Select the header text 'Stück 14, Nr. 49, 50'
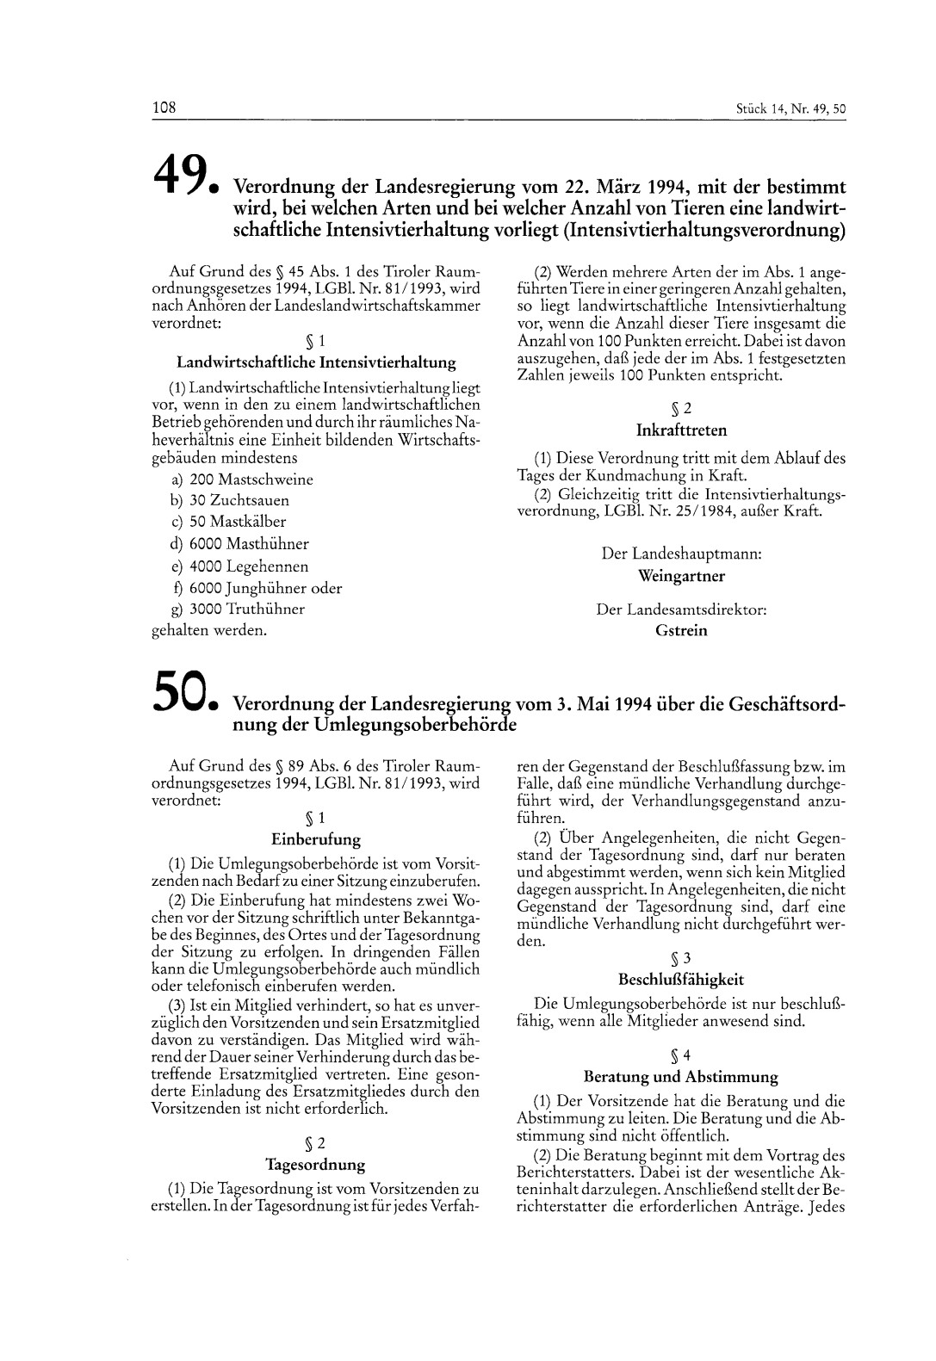point(791,109)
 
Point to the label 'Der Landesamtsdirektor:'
point(680,609)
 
